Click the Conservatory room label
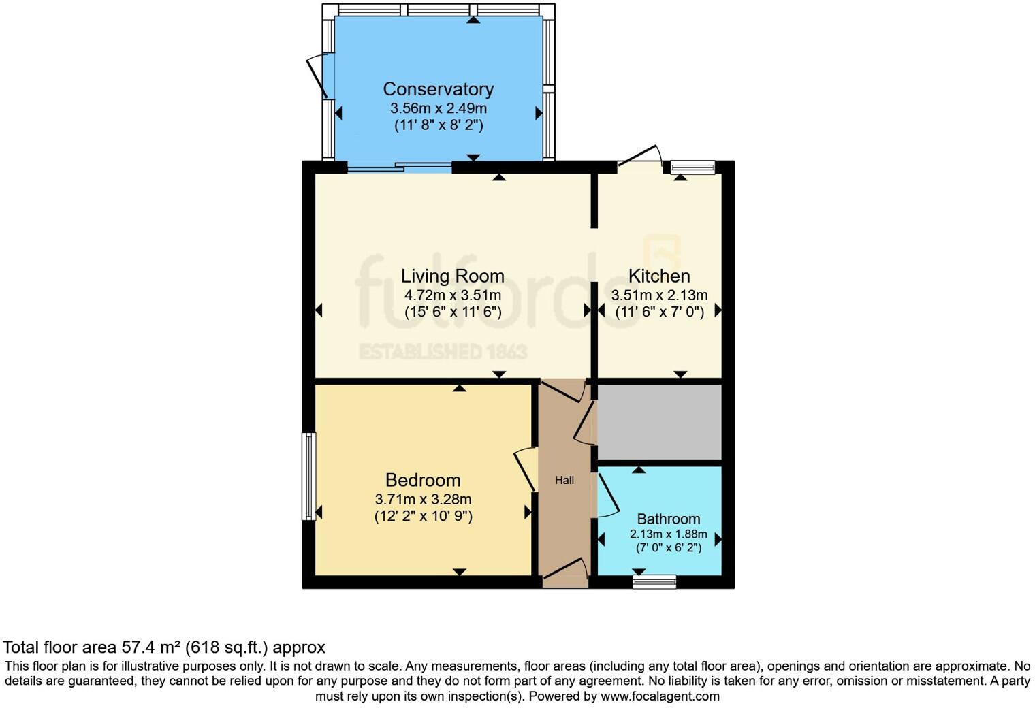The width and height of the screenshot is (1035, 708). (438, 89)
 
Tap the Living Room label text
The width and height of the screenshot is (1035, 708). (452, 276)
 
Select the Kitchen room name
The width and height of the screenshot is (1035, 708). (658, 276)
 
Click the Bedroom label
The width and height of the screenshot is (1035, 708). (422, 480)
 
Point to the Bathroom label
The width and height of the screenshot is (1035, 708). (668, 519)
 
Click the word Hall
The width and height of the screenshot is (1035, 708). (564, 480)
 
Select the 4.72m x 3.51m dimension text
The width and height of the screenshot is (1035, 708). (452, 295)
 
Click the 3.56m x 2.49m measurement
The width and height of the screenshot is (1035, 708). (438, 108)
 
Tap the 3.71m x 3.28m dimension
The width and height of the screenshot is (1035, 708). (422, 499)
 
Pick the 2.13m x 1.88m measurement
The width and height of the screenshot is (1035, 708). (668, 534)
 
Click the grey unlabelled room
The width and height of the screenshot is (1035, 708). (659, 422)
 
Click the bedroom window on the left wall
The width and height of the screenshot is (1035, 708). (309, 477)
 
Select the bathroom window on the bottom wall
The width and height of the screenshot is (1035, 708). (654, 581)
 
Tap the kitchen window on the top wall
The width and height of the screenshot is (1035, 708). (692, 167)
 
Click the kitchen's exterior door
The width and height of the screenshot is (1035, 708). (639, 157)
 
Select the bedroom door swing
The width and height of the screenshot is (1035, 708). (525, 468)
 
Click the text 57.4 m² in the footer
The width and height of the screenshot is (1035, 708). (152, 647)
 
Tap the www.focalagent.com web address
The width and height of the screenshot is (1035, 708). (660, 696)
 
